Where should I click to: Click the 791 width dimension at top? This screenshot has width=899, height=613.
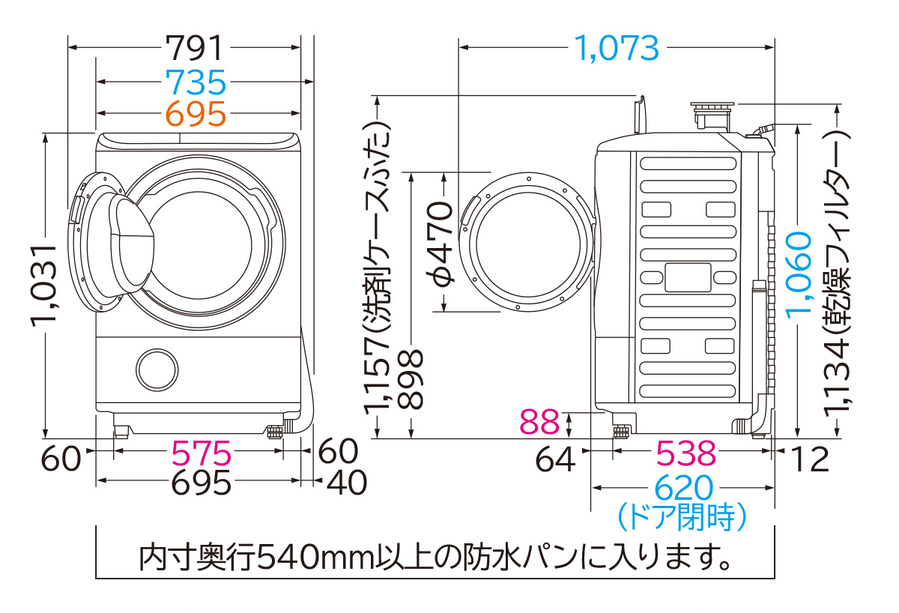coord(194,48)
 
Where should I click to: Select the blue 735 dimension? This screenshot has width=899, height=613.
coord(194,81)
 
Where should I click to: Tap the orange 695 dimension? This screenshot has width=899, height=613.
coord(194,113)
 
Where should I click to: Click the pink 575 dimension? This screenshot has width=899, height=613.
coord(202,453)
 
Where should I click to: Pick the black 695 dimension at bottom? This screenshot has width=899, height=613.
coord(202,483)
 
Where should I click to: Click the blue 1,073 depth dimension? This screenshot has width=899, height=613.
coord(617,48)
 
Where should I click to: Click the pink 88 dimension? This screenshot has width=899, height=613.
coord(539,423)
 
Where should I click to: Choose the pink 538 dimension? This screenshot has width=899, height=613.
coord(686,453)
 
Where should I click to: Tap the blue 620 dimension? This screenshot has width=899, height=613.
coord(682,489)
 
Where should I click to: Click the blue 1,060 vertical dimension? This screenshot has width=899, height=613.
coord(799,274)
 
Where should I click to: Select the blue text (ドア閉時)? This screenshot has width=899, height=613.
coord(682,516)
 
